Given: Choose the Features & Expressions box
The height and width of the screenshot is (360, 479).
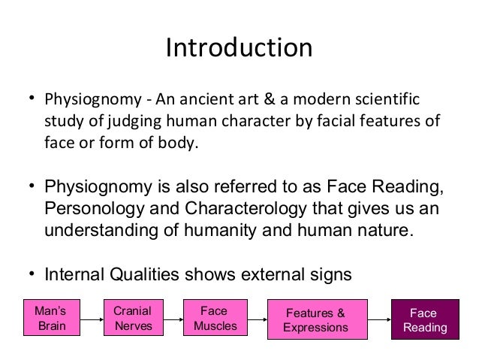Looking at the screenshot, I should pos(315,319).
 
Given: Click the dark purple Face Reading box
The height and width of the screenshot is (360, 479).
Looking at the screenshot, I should pos(424,319).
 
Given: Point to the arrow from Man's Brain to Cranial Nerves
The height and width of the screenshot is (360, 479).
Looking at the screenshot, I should pos(91,319).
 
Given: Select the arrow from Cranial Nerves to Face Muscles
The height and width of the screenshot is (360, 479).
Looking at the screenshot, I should pos(173,319).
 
